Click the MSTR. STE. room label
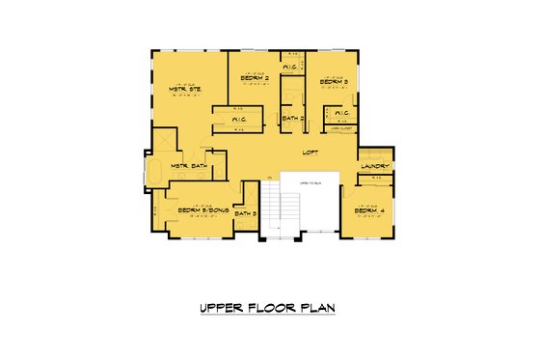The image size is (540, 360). point(184,90)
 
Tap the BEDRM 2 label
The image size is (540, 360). point(254,80)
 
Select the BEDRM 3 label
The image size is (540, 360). point(334,82)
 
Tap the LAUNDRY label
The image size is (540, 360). point(373,166)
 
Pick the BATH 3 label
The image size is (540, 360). point(248,213)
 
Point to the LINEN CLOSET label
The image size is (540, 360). point(339,128)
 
